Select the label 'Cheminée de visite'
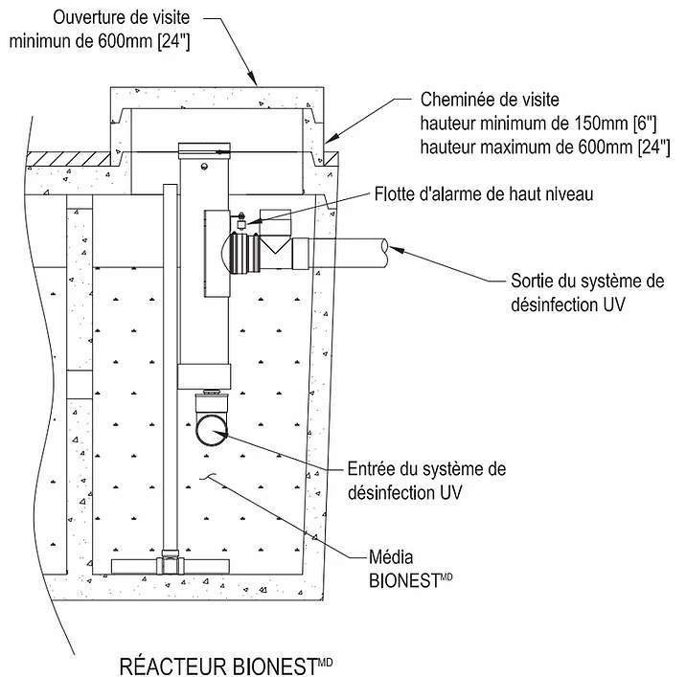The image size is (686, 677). coord(489,100)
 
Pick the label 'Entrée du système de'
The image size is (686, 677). coord(425,469)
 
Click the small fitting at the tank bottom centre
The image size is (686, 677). coord(170,556)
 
